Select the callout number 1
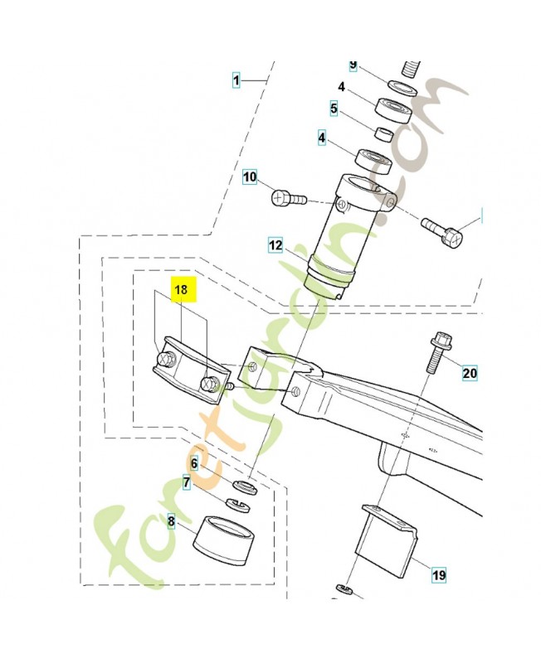[x=236, y=80]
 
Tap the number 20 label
[x=470, y=373]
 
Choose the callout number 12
[x=275, y=245]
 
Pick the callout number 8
[x=172, y=522]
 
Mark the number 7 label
[x=187, y=482]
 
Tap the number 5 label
[x=333, y=108]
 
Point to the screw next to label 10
[x=289, y=198]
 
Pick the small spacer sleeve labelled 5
[x=383, y=133]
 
